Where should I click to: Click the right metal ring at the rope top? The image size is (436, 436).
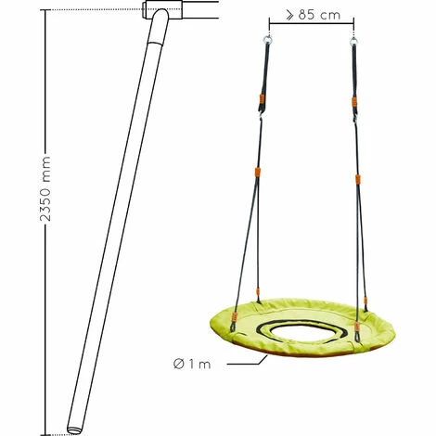pos(354,39)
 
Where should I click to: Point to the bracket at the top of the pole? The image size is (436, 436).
pos(163,12)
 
